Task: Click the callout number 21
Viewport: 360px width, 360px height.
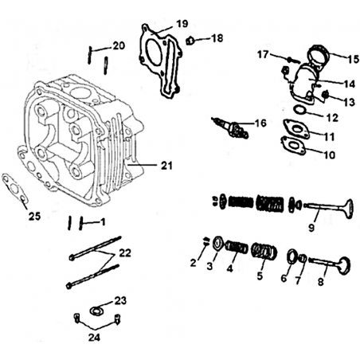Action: pos(166,166)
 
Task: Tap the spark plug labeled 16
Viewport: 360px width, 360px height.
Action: pos(230,127)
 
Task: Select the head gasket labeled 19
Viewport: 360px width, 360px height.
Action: pos(160,61)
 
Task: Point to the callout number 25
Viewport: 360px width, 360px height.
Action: pos(34,216)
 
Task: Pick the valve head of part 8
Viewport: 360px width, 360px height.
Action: pos(345,265)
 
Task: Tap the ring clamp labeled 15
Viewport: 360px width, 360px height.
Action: pos(319,55)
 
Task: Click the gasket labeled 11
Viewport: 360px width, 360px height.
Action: pos(296,129)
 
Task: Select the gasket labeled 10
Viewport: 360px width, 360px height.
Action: pos(293,145)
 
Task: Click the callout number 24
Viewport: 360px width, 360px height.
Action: pos(94,338)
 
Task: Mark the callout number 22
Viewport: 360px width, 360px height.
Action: pos(125,253)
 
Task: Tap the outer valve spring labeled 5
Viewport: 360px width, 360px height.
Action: pos(264,252)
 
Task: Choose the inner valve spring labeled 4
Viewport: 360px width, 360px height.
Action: pos(237,247)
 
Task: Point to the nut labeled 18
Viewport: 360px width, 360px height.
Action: pos(190,41)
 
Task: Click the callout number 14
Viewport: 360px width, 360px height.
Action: pos(349,84)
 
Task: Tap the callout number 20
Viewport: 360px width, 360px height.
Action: pos(119,45)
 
